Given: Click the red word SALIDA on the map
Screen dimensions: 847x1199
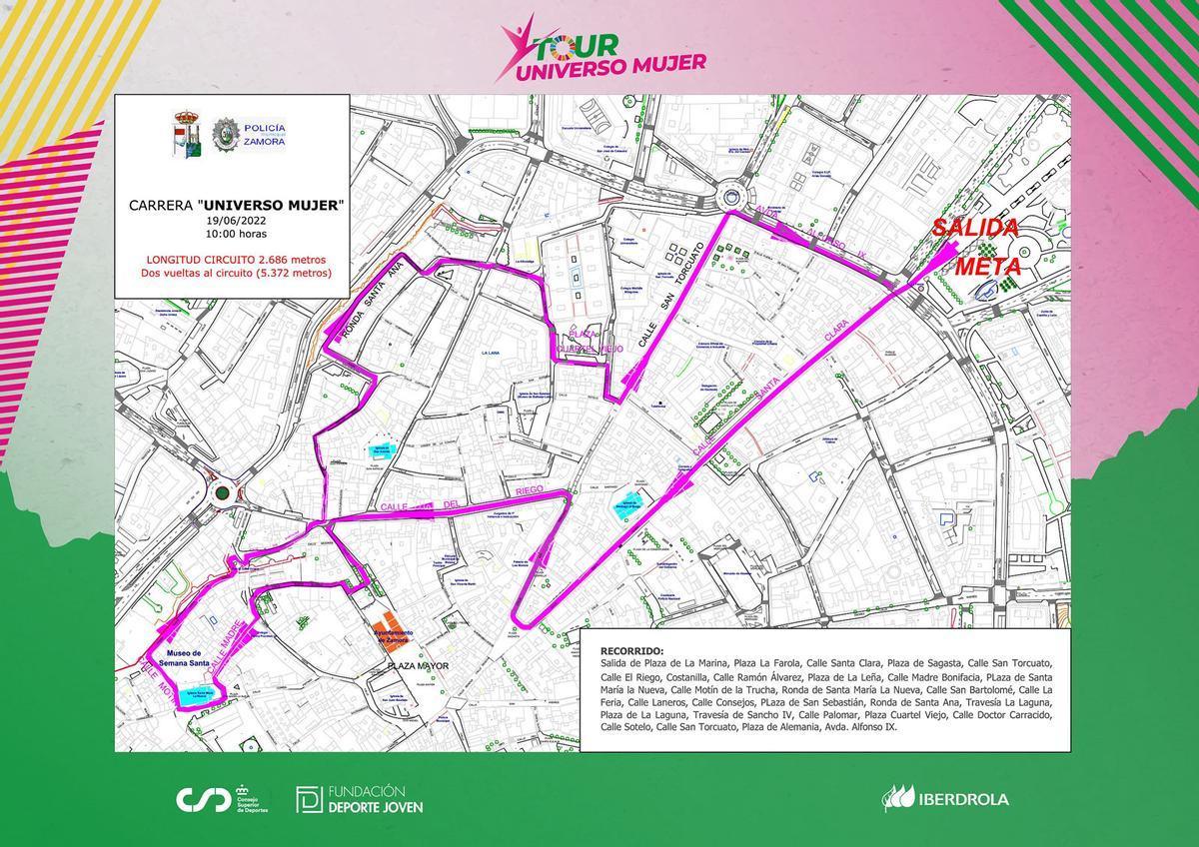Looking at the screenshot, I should click(x=974, y=228).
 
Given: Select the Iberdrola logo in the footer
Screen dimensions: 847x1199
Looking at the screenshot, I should click(x=945, y=798).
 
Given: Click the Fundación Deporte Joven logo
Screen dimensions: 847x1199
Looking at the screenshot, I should click(x=360, y=799).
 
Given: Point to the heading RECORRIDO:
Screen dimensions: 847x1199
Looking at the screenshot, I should click(x=630, y=648).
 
